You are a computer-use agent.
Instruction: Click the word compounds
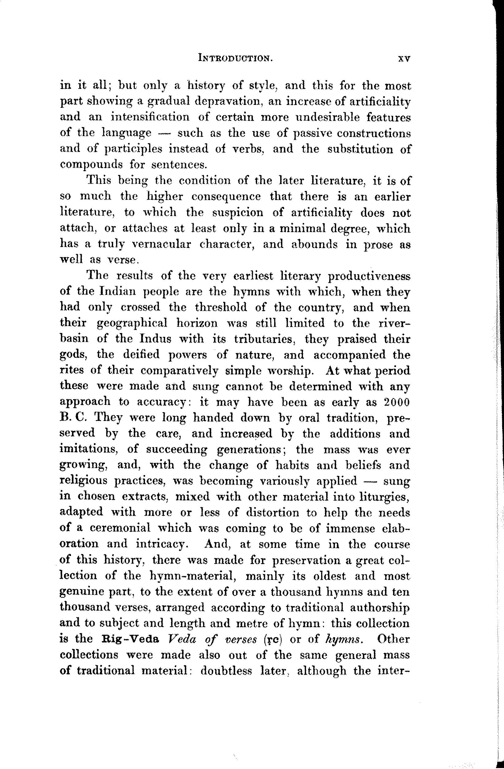91,165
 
